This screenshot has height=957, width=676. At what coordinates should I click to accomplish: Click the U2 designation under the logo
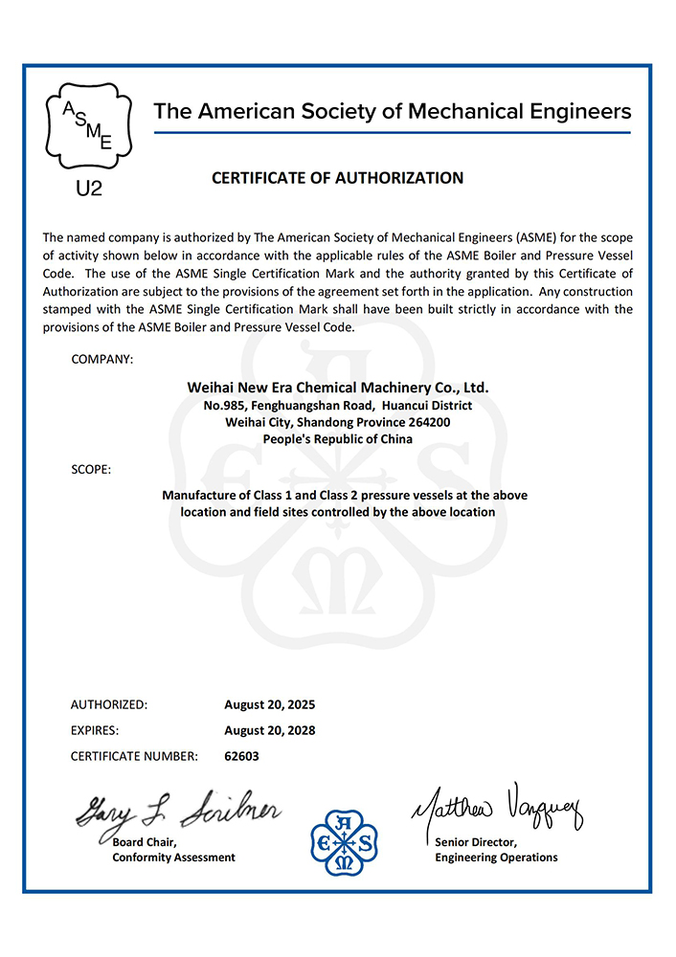(88, 189)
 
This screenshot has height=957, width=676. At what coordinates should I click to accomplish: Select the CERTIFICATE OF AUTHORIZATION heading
(337, 178)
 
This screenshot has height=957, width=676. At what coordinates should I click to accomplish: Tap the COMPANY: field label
(101, 359)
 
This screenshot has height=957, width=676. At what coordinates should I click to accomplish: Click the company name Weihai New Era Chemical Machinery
(337, 389)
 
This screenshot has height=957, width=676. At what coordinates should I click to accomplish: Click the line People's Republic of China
(337, 438)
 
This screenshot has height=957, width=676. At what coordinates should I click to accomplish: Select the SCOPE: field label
(91, 470)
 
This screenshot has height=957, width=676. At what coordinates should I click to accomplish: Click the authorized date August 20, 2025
(269, 705)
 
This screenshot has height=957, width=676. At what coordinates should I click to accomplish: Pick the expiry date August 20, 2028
(269, 730)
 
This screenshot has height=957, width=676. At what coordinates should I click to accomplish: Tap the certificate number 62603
(241, 756)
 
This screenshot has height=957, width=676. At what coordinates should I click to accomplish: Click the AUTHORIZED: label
(109, 705)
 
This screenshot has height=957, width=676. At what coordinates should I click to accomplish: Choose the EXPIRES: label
(95, 730)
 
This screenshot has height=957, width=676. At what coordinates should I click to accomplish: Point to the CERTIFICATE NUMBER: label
(134, 756)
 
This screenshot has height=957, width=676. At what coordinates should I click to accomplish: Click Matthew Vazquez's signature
(497, 809)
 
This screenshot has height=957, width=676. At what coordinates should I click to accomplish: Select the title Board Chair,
(145, 842)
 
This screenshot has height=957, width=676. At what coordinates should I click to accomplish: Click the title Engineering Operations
(496, 857)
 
